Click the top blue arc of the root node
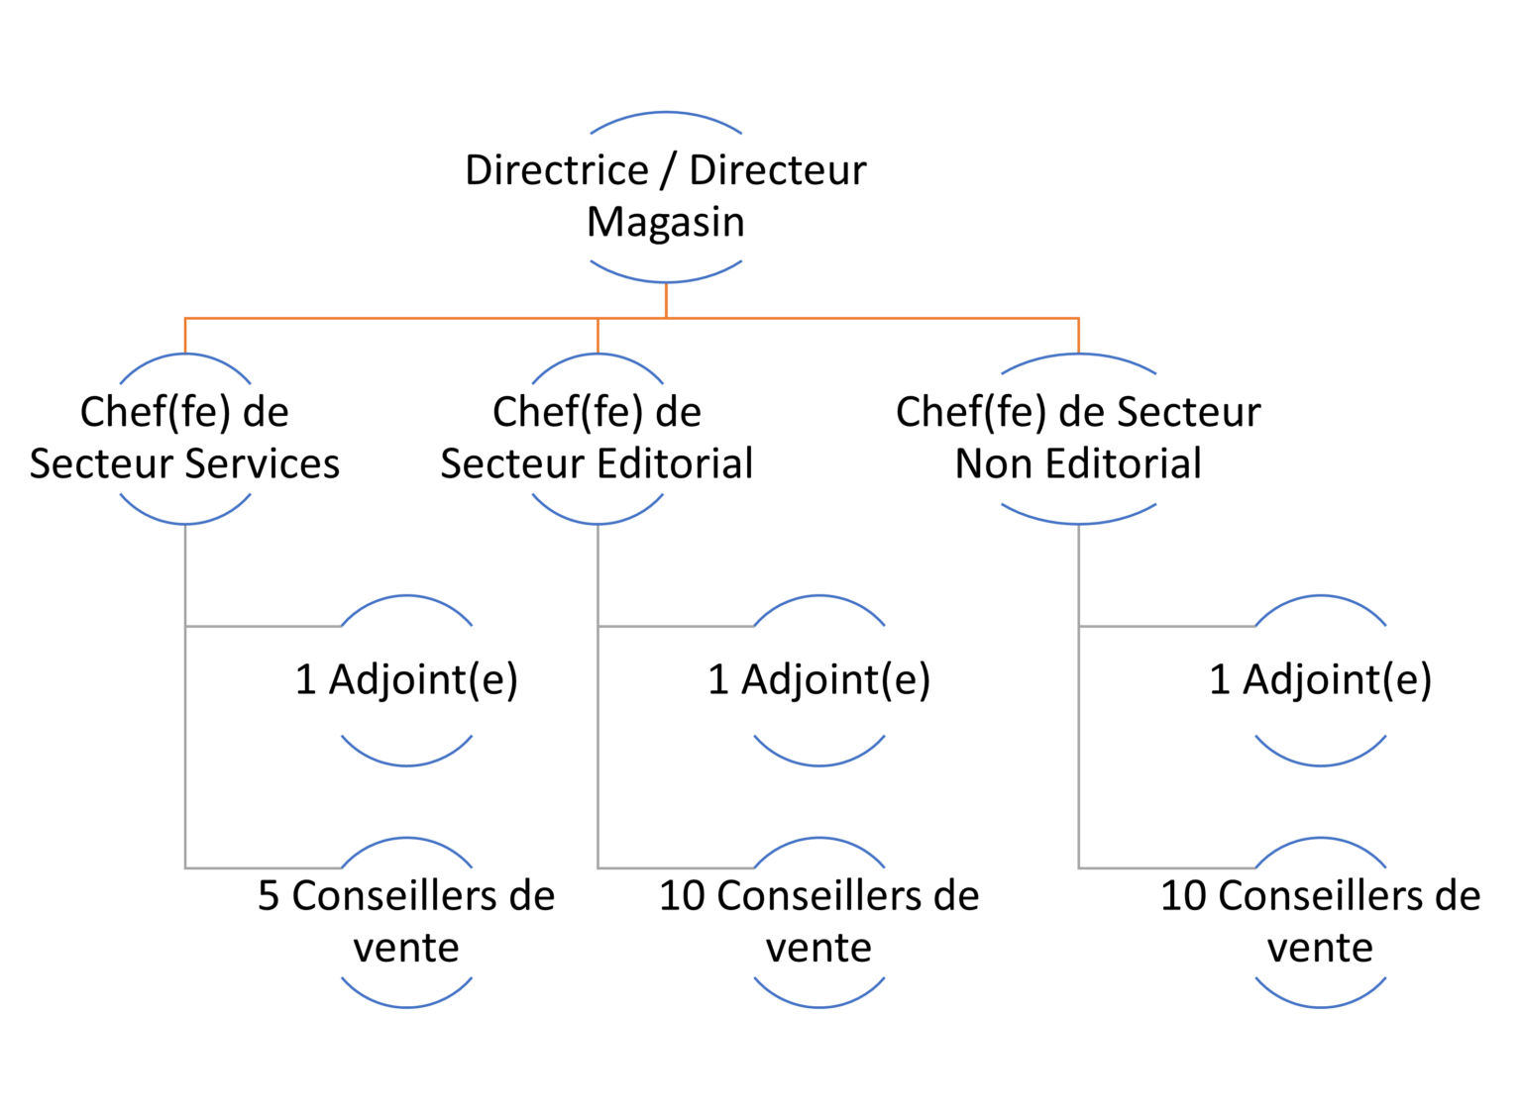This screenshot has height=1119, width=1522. [666, 114]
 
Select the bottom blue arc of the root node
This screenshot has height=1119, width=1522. [666, 280]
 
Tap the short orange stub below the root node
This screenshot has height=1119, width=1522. [666, 300]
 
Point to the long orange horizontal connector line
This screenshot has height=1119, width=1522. [396, 318]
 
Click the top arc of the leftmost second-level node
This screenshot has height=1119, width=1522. [185, 356]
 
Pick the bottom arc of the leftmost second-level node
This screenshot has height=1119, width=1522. [185, 522]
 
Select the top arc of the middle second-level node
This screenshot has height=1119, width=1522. [598, 356]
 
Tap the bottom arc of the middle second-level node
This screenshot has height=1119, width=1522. [598, 522]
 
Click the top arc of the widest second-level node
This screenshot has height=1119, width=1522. [1079, 356]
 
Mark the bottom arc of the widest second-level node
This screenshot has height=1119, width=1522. [1079, 522]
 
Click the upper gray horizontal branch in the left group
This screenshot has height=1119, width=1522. [263, 626]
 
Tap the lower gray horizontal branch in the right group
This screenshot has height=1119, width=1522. [1167, 868]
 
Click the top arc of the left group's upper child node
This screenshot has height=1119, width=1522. [407, 597]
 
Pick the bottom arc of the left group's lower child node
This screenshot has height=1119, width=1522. [407, 1006]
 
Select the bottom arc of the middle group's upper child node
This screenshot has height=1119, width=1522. [819, 763]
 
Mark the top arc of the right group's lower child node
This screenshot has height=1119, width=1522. [1321, 840]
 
